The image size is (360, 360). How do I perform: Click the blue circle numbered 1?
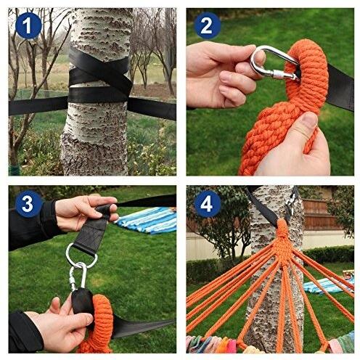pos(28,25)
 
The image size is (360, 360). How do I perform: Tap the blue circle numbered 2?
pos(206,25)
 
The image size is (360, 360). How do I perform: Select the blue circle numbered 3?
pos(28,204)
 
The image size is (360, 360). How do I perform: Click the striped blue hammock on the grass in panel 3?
pos(147,220)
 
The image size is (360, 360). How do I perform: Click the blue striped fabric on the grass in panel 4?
pos(329,285)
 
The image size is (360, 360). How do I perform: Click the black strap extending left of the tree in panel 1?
pos(38,106)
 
